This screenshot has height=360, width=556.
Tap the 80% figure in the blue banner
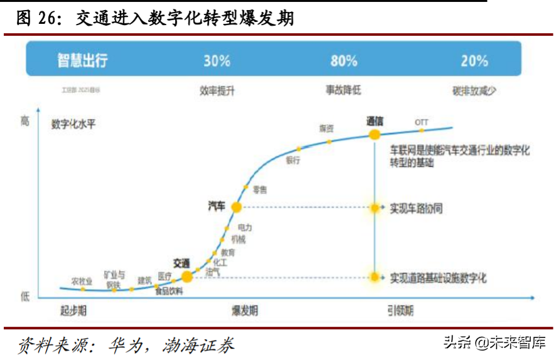(x=344, y=61)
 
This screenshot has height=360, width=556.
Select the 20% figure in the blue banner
(x=474, y=61)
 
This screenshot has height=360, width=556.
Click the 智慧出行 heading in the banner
(x=83, y=61)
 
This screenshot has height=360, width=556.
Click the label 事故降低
(x=343, y=90)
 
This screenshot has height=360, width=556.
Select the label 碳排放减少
(x=474, y=90)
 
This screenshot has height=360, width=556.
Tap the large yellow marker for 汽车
(x=237, y=206)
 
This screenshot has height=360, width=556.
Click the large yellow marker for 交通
(x=186, y=276)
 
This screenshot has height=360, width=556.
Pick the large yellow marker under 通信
(x=375, y=134)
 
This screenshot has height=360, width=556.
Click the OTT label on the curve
(x=422, y=122)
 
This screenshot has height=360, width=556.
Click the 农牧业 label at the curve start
(x=82, y=280)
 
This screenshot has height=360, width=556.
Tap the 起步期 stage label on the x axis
(x=73, y=310)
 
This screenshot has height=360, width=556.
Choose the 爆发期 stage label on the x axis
(x=244, y=310)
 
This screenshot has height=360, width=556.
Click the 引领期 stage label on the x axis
(x=400, y=310)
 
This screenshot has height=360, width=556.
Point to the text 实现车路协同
(x=416, y=208)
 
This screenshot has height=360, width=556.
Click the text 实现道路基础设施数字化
(x=438, y=277)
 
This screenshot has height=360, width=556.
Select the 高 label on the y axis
(x=24, y=121)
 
